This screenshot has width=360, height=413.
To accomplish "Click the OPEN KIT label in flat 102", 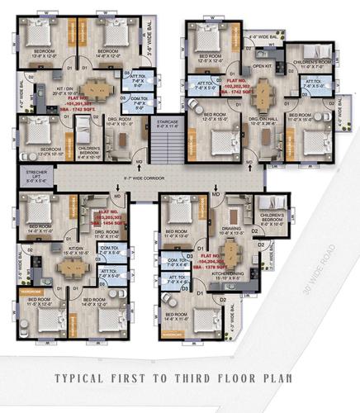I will pos(263,64).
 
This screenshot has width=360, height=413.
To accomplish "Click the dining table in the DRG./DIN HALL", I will pos(263,88).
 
